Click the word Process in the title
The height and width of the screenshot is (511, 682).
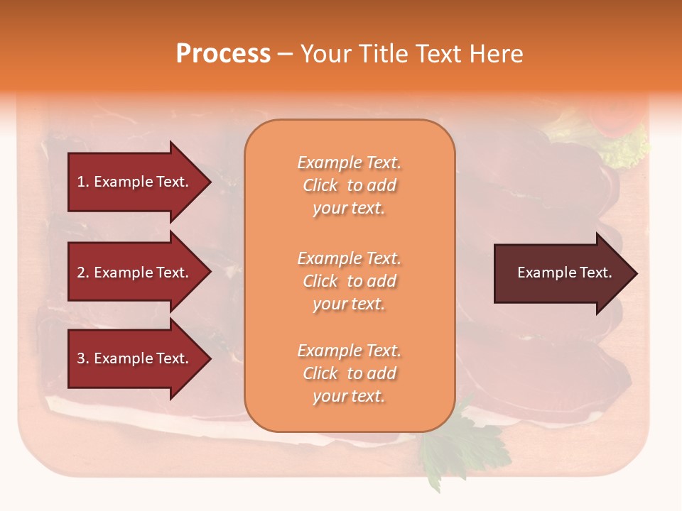point(223,54)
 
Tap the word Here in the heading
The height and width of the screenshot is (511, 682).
point(497,54)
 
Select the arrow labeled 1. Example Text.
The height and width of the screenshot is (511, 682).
point(135,182)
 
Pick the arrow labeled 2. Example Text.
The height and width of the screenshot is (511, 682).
point(135,273)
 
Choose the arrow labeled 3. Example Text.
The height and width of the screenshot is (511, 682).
point(135,358)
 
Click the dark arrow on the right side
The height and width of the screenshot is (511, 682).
point(561,273)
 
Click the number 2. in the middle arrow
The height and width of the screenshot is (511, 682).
point(83,273)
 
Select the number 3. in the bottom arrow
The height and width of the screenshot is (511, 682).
point(83,358)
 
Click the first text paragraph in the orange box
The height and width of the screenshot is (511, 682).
point(349,185)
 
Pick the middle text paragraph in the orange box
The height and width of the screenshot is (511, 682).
point(349,281)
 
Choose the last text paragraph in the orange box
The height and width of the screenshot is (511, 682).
point(349,373)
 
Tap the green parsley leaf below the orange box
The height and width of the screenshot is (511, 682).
point(455,444)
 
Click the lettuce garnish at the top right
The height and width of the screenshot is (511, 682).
point(625,149)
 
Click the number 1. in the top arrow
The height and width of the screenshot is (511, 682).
point(83,182)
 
